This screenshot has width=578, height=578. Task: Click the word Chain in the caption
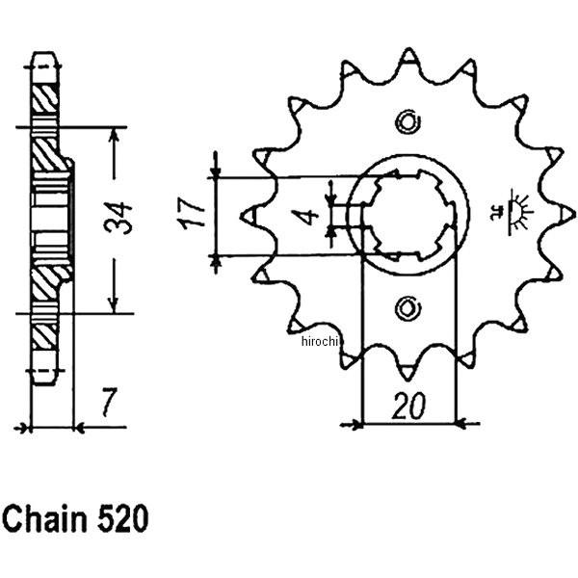(x=43, y=519)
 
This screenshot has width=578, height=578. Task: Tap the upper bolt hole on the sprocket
(x=407, y=121)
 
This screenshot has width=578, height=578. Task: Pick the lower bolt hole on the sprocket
(x=407, y=308)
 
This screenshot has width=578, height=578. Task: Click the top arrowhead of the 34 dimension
(x=115, y=133)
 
